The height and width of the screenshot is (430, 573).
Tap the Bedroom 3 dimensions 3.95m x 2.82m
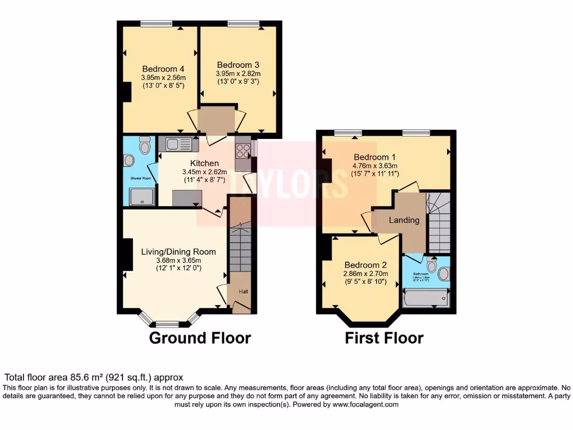pos(238,73)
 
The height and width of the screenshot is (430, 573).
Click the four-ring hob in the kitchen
pos(243,150)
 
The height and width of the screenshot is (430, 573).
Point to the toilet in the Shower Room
pos(145,146)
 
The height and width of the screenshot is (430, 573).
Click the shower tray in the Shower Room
pos(141,197)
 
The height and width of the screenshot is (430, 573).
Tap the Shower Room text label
pos(141,179)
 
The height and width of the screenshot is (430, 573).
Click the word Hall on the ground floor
pos(243,292)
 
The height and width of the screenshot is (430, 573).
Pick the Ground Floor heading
pos(199,338)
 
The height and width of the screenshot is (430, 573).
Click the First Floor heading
pos(384,338)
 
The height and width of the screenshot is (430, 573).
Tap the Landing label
pos(404,220)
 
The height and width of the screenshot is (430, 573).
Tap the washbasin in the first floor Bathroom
pos(443,274)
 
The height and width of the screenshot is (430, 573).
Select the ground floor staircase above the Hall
pos(241,246)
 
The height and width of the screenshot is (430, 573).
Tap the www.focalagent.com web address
pos(365,404)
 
